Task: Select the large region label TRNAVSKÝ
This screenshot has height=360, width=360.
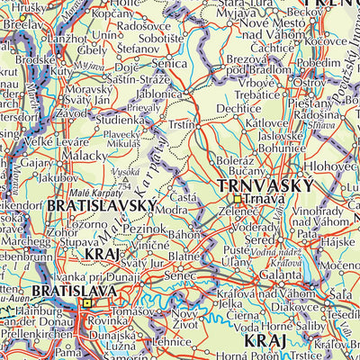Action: (266, 185)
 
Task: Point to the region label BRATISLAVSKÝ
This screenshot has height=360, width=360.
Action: (102, 206)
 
